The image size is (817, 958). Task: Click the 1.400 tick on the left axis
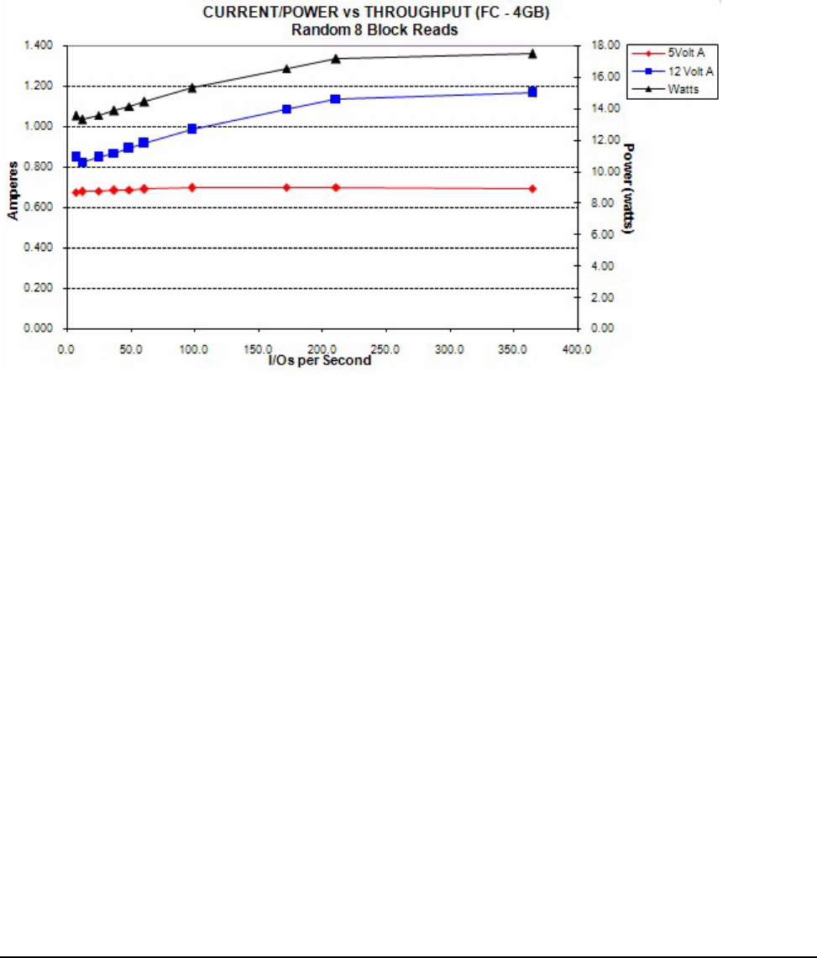click(x=41, y=45)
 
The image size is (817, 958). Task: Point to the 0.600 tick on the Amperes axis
click(x=41, y=207)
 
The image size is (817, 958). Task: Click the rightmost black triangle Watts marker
click(x=532, y=53)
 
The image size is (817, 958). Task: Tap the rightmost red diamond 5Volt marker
click(x=532, y=188)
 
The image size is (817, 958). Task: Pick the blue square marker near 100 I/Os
click(x=192, y=128)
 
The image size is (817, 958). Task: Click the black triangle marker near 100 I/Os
click(x=192, y=87)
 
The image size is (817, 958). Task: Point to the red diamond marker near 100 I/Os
click(x=192, y=187)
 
